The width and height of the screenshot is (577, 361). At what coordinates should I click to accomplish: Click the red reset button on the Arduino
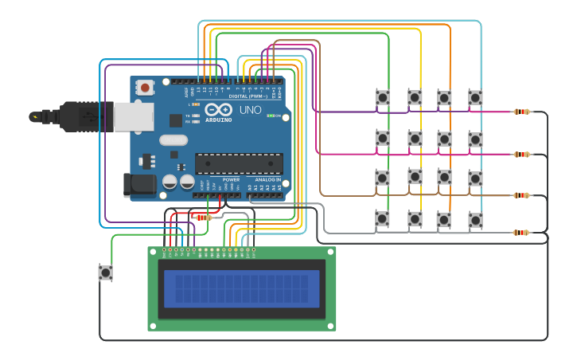point(145,87)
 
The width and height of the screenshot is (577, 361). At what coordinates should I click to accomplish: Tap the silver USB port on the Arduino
point(133,116)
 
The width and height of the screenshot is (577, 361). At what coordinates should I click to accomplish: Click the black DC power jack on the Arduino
point(138,185)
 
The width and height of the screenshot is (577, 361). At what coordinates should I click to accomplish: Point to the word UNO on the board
point(250,110)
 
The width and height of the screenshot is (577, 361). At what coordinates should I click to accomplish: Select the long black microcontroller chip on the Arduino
point(239,163)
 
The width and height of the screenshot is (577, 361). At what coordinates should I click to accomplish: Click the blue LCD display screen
point(241,288)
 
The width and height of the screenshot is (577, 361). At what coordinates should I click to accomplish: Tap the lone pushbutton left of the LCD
point(105,273)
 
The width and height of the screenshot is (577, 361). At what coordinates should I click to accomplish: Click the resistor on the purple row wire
point(521,112)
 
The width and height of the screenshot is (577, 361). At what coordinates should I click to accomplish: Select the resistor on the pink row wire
point(521,154)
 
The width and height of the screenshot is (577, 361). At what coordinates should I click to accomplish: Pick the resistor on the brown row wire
point(521,195)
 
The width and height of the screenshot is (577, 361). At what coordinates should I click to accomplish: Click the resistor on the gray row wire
point(521,233)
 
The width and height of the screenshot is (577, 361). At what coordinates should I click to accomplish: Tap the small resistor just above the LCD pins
point(204,218)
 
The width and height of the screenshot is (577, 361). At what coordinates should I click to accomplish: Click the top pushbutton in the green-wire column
point(383,97)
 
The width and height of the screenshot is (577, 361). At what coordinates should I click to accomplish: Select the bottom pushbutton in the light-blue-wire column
point(475,219)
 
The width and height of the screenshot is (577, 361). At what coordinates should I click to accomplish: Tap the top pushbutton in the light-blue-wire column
point(475,97)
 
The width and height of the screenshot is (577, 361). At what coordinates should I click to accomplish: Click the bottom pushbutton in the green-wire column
point(383,218)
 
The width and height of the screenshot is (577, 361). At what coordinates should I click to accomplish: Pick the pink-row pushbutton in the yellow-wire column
point(415,139)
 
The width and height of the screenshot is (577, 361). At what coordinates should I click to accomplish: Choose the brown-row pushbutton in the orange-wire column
point(444,177)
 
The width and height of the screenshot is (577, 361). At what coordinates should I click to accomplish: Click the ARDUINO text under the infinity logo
point(218,120)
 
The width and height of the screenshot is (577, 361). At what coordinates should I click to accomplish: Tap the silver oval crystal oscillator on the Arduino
point(173,140)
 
